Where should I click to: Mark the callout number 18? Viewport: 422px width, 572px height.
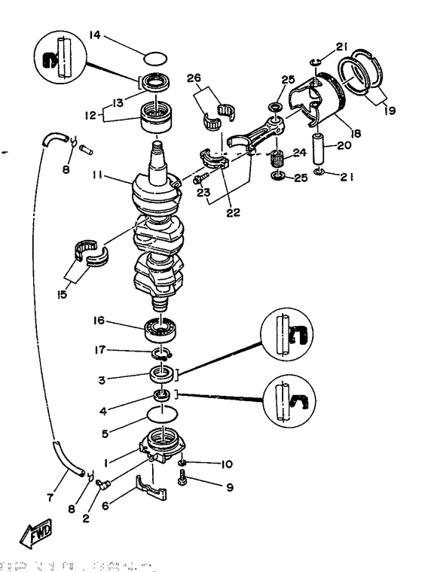[354, 133]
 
